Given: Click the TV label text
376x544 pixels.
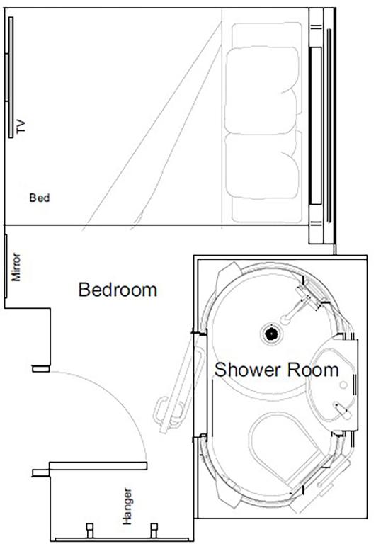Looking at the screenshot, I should pos(21,127).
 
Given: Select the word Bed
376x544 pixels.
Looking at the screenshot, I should pos(39,198).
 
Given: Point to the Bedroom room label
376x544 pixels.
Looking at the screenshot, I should pos(118,290).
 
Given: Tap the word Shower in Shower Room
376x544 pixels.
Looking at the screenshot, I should pos(249,370).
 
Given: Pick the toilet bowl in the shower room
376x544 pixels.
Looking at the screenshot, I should pos(280,446).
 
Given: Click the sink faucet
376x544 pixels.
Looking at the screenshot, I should pos(342,407).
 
